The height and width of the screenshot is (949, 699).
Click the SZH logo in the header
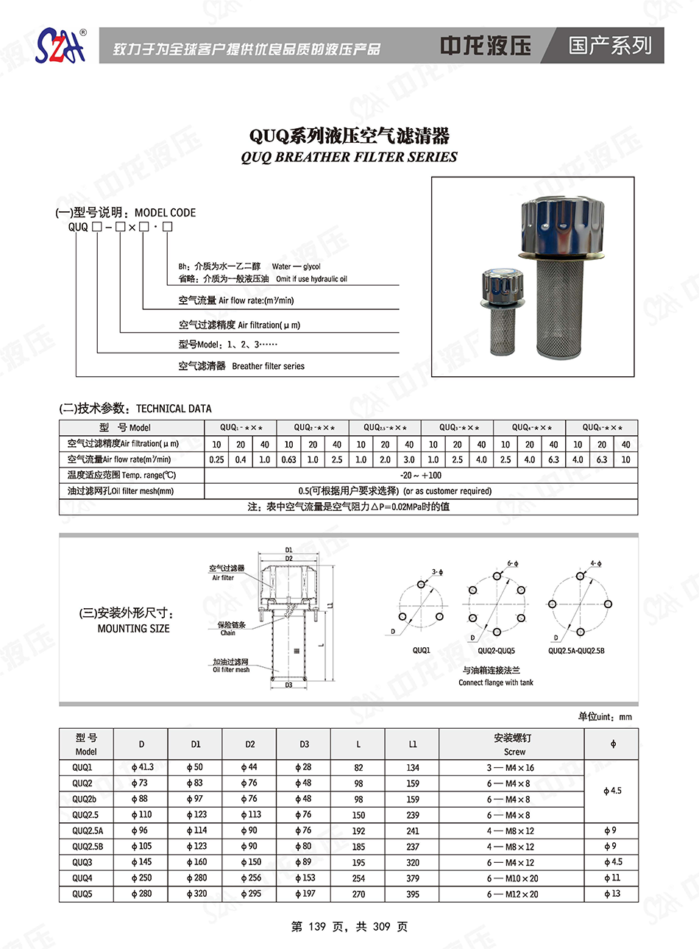60,46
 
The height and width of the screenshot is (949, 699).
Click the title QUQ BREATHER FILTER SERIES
349,157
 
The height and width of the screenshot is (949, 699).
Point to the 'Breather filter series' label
268,366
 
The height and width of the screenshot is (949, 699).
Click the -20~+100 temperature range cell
421,475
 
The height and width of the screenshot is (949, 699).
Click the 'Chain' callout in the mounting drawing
229,632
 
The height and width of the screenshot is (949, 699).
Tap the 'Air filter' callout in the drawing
223,578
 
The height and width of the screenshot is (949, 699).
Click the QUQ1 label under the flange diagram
421,651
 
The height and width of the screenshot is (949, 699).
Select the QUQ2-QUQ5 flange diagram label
496,651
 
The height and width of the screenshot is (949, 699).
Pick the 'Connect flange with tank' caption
496,682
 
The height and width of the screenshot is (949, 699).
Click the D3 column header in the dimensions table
304,744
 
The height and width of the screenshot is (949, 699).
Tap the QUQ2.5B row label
88,847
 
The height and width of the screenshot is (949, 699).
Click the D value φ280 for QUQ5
141,894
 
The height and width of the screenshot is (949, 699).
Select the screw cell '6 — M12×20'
512,894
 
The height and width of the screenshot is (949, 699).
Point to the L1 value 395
413,894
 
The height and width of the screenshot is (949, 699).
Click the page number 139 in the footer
317,926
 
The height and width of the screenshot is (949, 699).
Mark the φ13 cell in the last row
612,894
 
